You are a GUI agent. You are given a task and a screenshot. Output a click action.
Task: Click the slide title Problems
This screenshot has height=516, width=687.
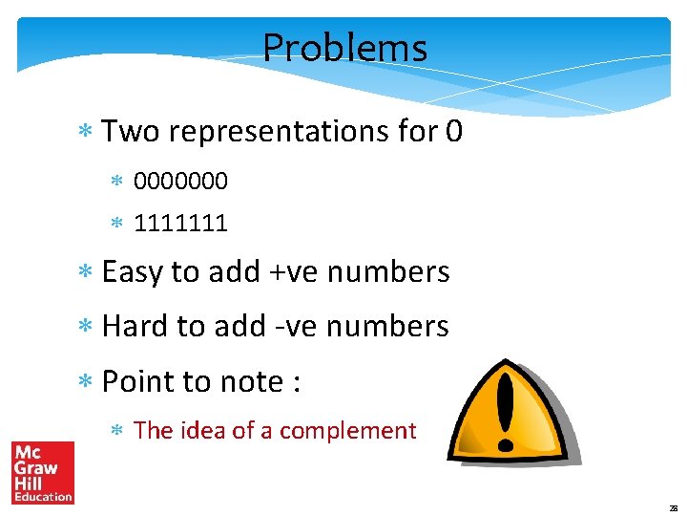[344, 47]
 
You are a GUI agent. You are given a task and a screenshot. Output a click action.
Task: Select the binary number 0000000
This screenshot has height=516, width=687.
[181, 180]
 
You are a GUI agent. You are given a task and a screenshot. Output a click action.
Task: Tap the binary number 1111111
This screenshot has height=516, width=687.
[181, 224]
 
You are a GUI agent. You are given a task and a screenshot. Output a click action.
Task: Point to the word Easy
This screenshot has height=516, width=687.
[133, 272]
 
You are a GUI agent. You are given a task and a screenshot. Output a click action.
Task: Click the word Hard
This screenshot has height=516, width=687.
[133, 326]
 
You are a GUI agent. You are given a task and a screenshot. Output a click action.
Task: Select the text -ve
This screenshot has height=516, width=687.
[290, 327]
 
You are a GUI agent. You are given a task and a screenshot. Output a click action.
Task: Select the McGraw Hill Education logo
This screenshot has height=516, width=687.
[42, 472]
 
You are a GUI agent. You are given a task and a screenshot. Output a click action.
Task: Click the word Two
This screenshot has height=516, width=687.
[130, 131]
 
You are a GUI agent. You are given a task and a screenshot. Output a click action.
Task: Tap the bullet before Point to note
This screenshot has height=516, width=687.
[85, 382]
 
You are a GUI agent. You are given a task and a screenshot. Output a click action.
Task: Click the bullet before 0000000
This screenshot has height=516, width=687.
[118, 181]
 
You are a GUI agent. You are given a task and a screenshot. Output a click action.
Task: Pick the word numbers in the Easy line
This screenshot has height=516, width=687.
[394, 272]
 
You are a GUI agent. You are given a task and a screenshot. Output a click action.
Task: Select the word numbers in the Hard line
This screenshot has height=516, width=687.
[392, 327]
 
